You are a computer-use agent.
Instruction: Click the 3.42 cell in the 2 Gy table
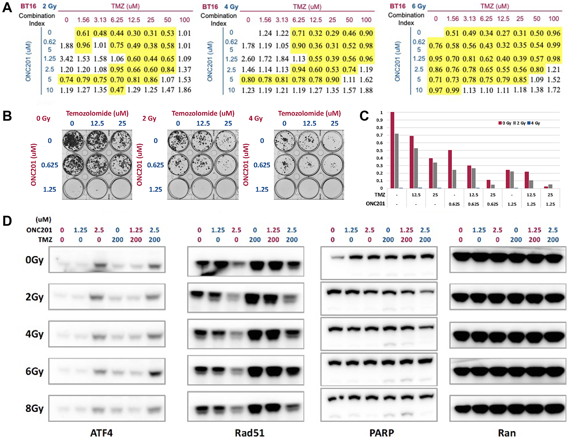point(66,59)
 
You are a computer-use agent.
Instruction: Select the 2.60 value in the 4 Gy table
point(248,59)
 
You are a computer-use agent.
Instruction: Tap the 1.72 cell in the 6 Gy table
point(553,90)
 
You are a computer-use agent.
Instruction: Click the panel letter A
point(7,8)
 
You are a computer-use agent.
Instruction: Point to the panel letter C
point(364,116)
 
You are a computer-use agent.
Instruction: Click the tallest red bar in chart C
point(392,150)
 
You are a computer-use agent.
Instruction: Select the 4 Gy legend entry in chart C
point(534,123)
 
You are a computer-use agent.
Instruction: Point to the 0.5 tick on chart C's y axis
point(380,151)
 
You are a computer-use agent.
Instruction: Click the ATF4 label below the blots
point(102,433)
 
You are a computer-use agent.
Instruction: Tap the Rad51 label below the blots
point(250,433)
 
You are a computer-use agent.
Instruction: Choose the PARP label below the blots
point(382,433)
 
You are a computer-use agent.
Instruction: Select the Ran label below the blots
point(507,433)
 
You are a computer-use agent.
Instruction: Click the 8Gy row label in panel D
point(34,408)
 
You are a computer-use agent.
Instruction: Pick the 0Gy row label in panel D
point(34,260)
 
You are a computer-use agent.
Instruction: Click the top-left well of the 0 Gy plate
point(73,141)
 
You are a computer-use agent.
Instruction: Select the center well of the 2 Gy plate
point(203,165)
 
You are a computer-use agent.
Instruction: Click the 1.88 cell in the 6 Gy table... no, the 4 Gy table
point(366,90)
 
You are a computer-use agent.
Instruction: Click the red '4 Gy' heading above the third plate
point(255,118)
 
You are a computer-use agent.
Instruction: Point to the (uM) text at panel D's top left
point(44,220)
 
